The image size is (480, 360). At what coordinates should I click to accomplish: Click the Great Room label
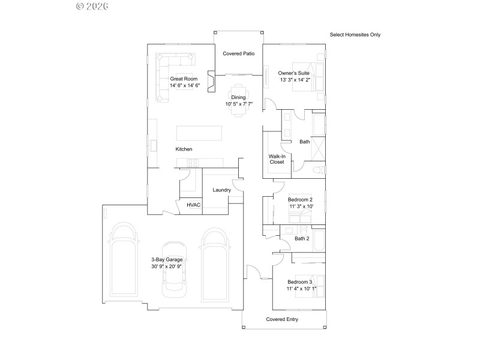point(184,79)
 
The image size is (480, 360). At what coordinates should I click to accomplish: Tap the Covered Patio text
point(239,53)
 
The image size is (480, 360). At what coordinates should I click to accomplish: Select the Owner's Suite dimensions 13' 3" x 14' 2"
point(295,79)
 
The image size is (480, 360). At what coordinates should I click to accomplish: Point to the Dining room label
point(239,97)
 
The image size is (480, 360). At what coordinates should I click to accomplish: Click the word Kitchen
point(184,149)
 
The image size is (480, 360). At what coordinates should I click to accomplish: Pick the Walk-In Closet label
point(277,158)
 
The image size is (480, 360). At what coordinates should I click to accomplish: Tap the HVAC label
point(193,205)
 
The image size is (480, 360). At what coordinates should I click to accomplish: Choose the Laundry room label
point(222,190)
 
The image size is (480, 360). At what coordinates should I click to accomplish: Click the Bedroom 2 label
point(300,199)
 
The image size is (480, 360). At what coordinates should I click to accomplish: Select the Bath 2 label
point(302,239)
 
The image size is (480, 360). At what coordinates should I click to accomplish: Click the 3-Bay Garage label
point(167,259)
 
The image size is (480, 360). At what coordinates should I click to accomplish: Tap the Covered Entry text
point(282,319)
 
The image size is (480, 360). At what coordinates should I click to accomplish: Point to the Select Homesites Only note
point(355,35)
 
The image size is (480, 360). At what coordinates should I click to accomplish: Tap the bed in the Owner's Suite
point(308,77)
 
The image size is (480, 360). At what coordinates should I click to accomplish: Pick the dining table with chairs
point(239,100)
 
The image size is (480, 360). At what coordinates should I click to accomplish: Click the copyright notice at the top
point(92,6)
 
